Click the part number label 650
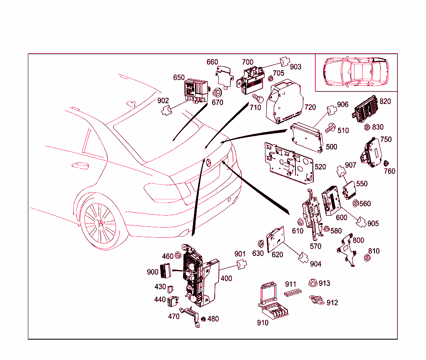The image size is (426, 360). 179,78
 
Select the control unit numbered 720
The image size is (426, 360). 286,102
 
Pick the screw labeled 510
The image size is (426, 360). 329,128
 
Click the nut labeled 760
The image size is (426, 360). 386,163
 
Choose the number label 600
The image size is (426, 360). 341,217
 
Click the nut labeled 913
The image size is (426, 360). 312,283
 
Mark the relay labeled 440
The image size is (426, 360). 173,300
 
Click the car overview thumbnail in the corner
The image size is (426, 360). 356,72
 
